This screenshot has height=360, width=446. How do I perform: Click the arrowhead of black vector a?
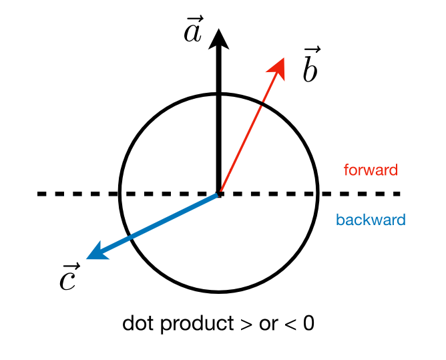[218, 40]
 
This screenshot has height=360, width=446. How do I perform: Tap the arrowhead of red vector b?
[279, 66]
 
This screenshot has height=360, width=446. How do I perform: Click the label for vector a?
[193, 29]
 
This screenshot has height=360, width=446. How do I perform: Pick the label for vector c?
[68, 278]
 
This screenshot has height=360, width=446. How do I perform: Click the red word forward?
[371, 170]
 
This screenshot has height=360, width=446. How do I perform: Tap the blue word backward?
[371, 220]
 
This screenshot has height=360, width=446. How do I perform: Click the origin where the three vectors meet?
[218, 194]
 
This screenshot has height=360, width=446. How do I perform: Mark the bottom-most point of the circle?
[218, 292]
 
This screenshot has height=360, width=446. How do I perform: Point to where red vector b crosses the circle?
[257, 104]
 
